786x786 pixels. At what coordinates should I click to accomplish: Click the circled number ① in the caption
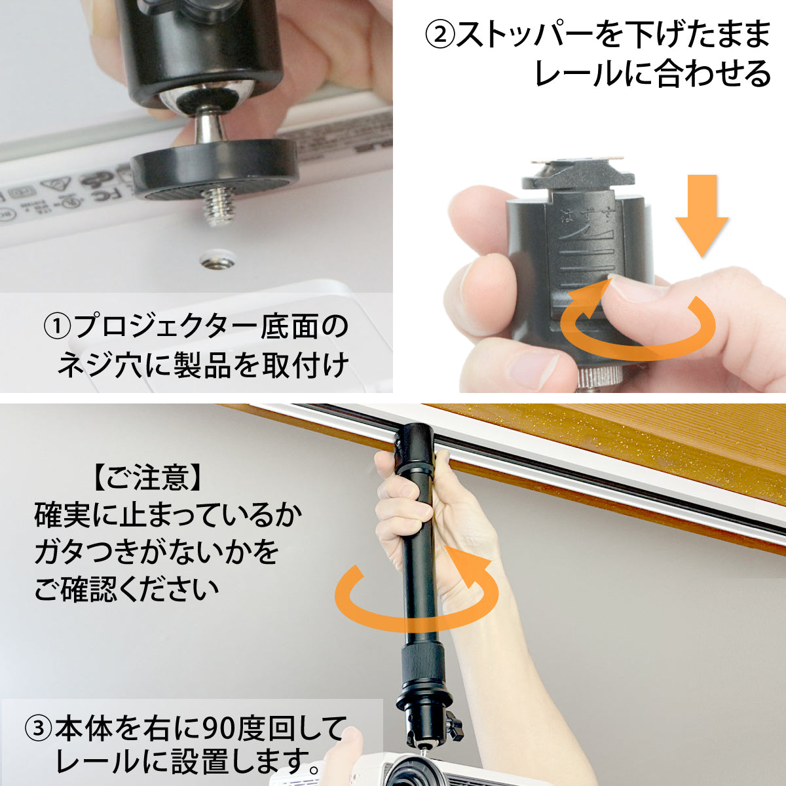pyautogui.click(x=58, y=327)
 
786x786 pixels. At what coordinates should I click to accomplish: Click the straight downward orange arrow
pyautogui.click(x=702, y=215)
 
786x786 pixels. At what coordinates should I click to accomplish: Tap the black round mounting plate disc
pyautogui.click(x=214, y=168)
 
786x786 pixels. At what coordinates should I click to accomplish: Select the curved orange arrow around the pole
pyautogui.click(x=415, y=593)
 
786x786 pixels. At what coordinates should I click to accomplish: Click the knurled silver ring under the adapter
pyautogui.click(x=599, y=377)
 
